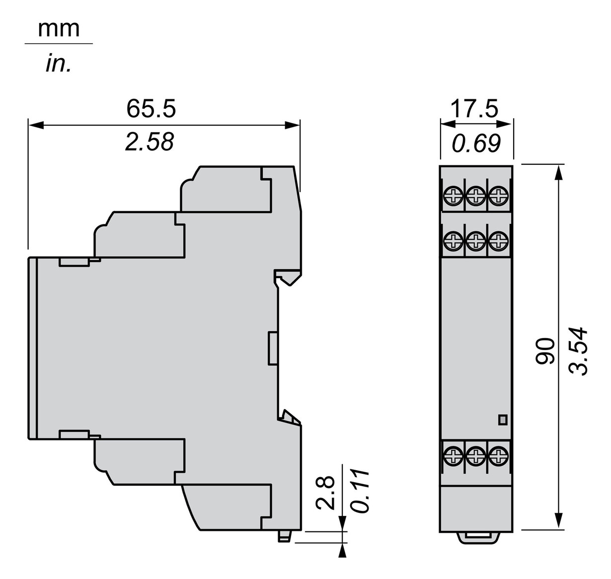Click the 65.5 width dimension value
tap(151, 108)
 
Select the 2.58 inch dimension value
tap(150, 142)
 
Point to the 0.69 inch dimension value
tap(476, 144)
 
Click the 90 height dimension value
tap(546, 351)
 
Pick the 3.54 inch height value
tap(579, 351)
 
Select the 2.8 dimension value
tap(326, 493)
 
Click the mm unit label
tap(59, 29)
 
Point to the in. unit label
tap(59, 64)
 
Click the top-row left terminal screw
tap(453, 196)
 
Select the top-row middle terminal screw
tap(476, 196)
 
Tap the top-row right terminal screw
tap(498, 196)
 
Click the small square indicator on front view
tap(503, 420)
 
